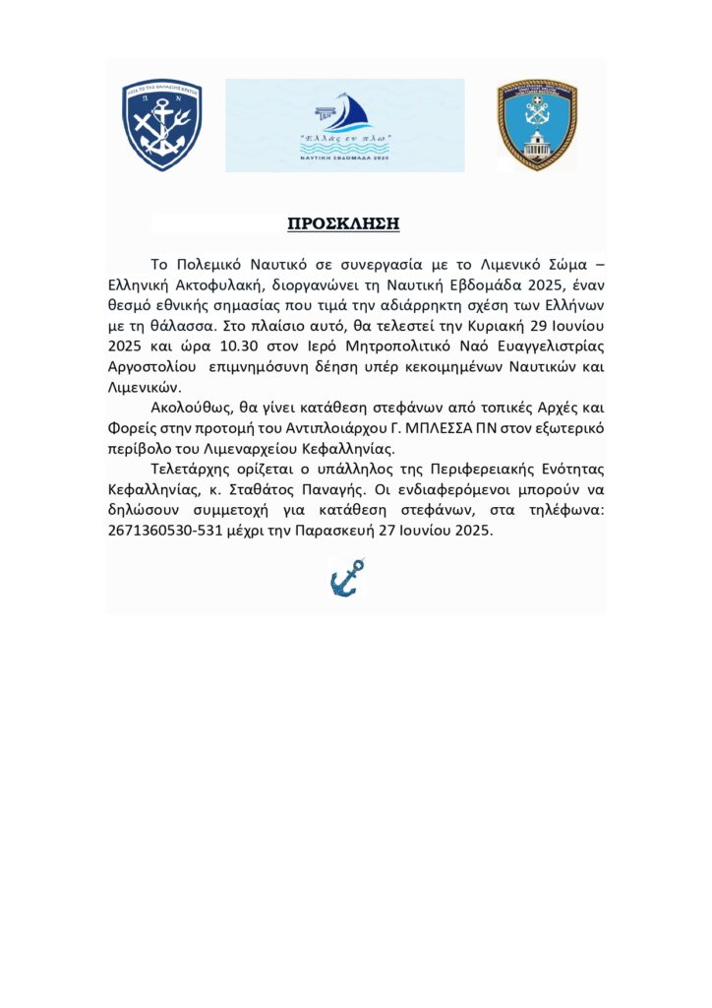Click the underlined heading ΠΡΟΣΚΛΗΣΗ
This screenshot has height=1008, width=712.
pyautogui.click(x=343, y=223)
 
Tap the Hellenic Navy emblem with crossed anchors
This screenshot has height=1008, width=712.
pyautogui.click(x=162, y=124)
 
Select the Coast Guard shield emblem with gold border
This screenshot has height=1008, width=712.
pyautogui.click(x=536, y=125)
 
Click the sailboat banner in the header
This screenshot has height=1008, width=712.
pyautogui.click(x=344, y=125)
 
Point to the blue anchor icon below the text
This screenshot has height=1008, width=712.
pyautogui.click(x=346, y=578)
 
